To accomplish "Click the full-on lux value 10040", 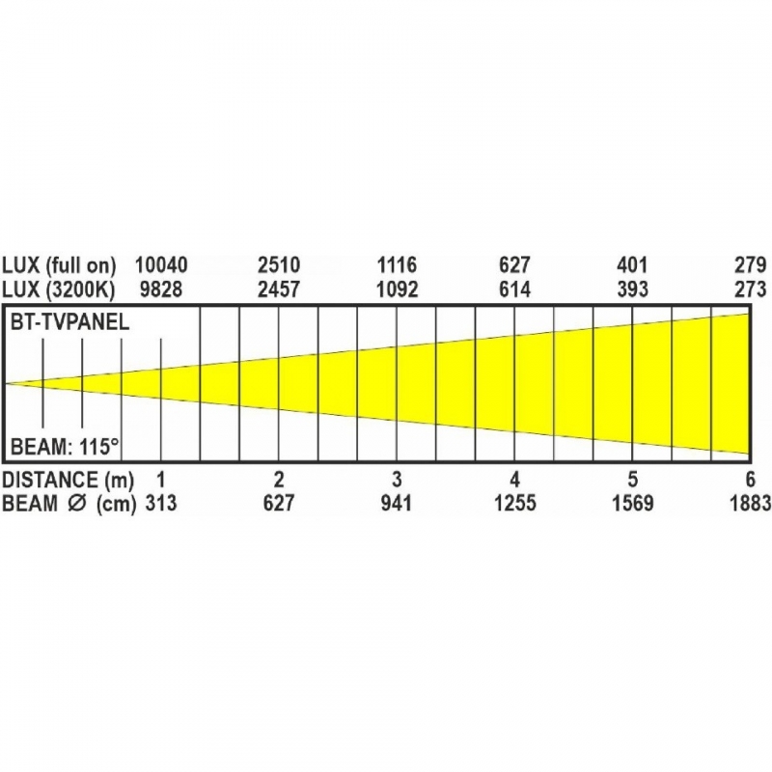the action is [161, 264].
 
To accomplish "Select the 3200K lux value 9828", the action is [161, 289].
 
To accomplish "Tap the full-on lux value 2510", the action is [279, 264].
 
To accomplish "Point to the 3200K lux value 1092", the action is [397, 289].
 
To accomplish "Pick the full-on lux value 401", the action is [632, 264].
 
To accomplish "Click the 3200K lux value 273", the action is [751, 289].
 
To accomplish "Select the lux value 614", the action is [514, 289].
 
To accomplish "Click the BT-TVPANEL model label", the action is [69, 322].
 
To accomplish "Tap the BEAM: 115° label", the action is [65, 447].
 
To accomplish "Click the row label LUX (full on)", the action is [59, 265].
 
